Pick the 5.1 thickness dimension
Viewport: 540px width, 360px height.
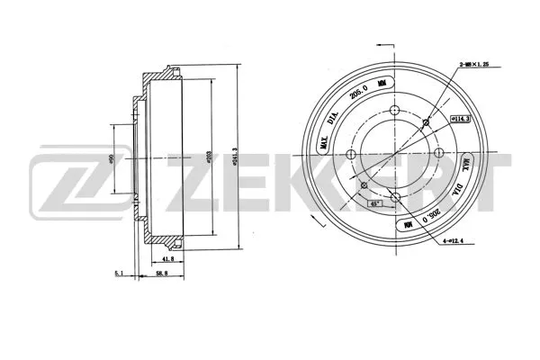[x=120, y=274]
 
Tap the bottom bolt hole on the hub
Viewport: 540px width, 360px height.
[x=395, y=198]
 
